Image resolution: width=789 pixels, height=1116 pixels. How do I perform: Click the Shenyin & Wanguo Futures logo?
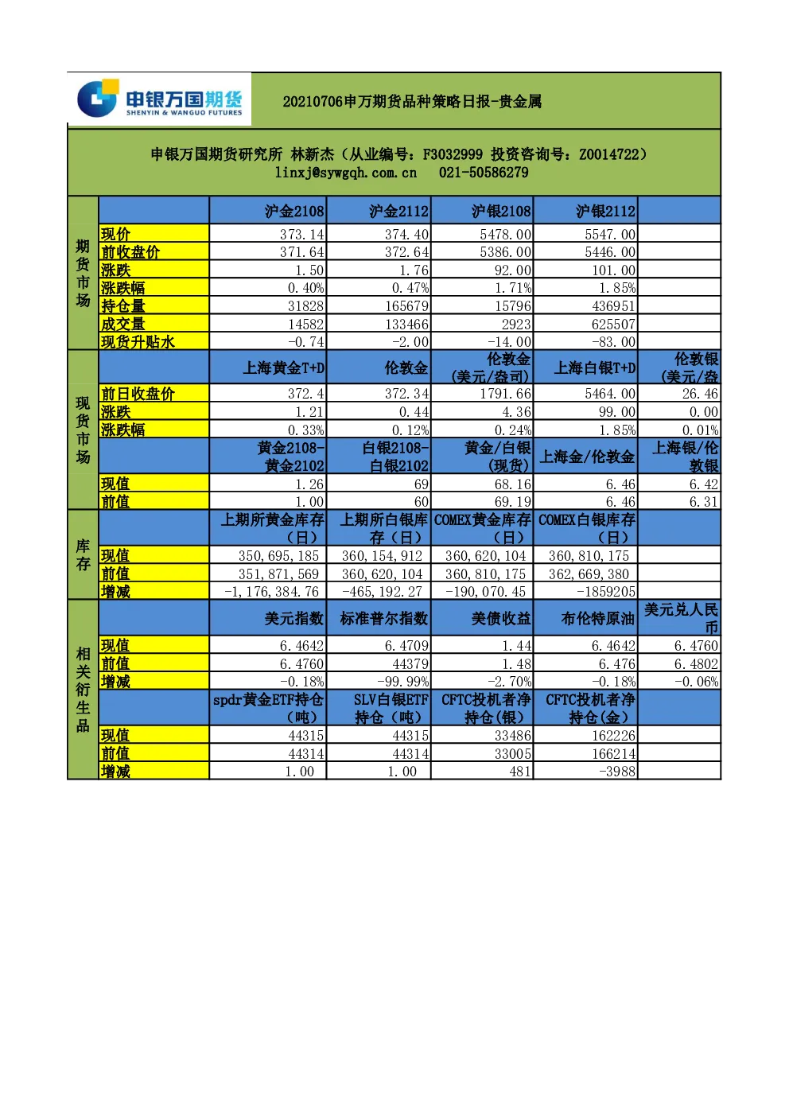point(159,99)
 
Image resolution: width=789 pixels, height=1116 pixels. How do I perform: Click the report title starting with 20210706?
point(412,102)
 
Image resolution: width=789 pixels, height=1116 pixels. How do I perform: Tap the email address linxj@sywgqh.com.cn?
point(346,173)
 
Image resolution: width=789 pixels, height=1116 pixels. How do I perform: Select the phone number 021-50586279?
point(483,173)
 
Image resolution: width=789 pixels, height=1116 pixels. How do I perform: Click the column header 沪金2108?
point(294,212)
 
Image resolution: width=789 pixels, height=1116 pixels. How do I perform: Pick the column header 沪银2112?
point(606,212)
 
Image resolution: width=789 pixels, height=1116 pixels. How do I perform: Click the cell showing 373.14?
point(302,234)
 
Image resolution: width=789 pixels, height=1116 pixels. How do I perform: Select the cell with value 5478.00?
point(506,234)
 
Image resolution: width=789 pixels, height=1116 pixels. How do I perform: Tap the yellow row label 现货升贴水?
point(138,342)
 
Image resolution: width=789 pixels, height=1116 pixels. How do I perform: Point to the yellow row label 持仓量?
point(123,305)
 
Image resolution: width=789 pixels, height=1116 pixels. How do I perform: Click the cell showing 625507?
point(613,324)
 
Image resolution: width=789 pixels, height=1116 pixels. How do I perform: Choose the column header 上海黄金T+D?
point(283,368)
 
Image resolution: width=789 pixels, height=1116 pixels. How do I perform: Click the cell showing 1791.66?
point(506,394)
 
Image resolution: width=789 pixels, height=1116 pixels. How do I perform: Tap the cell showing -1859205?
point(606,591)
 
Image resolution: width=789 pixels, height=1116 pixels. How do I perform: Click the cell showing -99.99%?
point(402,681)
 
